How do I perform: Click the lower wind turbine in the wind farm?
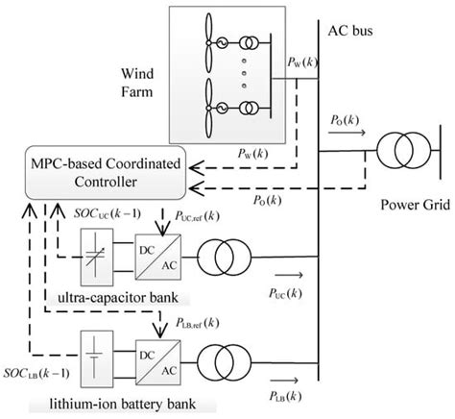click(208, 107)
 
